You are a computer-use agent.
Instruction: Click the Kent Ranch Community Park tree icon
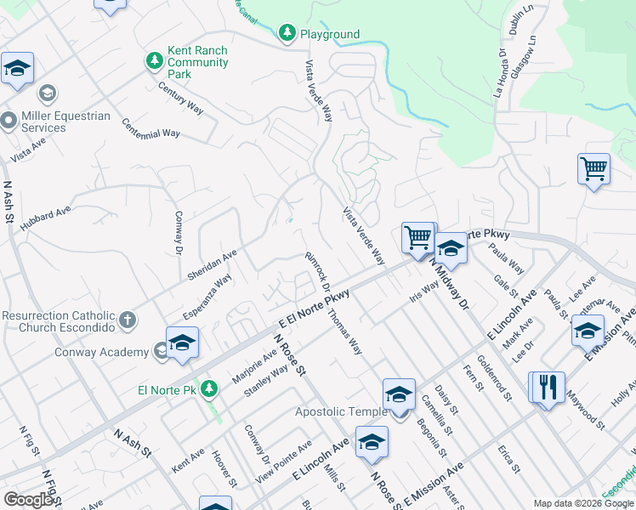click(154, 61)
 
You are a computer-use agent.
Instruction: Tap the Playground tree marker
click(287, 33)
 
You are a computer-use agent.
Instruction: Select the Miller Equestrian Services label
click(55, 122)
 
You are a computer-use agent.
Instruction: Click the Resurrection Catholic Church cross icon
click(127, 320)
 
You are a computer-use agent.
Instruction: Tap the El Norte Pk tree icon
click(207, 389)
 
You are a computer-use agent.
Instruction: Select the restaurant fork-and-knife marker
click(548, 388)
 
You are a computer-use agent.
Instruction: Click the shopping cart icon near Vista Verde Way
click(417, 237)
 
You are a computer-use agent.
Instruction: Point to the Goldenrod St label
click(494, 377)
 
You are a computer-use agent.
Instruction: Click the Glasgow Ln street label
click(532, 53)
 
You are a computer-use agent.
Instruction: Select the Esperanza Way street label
click(207, 294)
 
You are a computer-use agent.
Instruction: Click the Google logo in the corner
click(28, 500)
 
